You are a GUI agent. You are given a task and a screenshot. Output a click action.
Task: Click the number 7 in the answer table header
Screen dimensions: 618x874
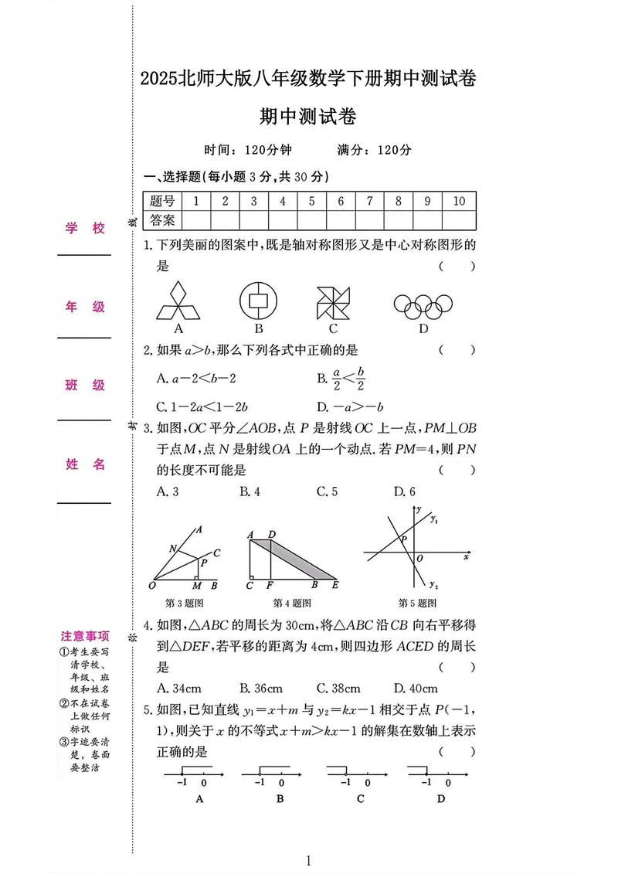pyautogui.click(x=369, y=201)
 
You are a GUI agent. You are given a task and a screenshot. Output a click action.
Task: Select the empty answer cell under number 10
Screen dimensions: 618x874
pyautogui.click(x=459, y=220)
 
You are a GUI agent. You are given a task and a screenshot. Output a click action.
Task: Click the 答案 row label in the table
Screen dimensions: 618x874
pyautogui.click(x=162, y=220)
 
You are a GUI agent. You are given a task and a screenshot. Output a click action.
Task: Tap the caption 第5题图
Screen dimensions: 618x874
pyautogui.click(x=417, y=604)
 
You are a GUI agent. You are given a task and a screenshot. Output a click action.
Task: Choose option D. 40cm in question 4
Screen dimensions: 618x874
pyautogui.click(x=416, y=689)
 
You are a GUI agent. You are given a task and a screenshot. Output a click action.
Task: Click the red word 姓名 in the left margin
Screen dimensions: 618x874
pyautogui.click(x=85, y=464)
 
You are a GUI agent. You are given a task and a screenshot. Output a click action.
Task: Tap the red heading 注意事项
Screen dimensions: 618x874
pyautogui.click(x=85, y=637)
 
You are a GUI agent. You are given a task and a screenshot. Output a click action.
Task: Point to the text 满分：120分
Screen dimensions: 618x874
pyautogui.click(x=375, y=151)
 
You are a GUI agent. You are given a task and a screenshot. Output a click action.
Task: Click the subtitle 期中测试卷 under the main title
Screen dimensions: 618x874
pyautogui.click(x=308, y=117)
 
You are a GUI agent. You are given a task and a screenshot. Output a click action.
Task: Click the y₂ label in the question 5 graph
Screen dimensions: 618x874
pyautogui.click(x=433, y=584)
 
